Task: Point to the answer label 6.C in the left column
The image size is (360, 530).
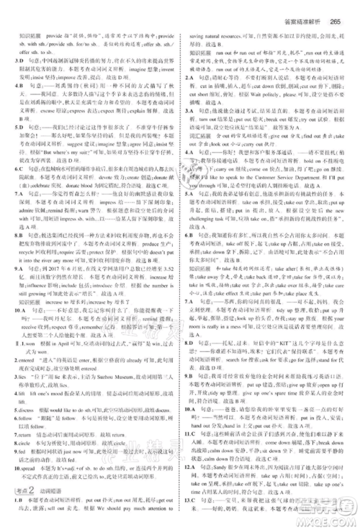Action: pos(15,167)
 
